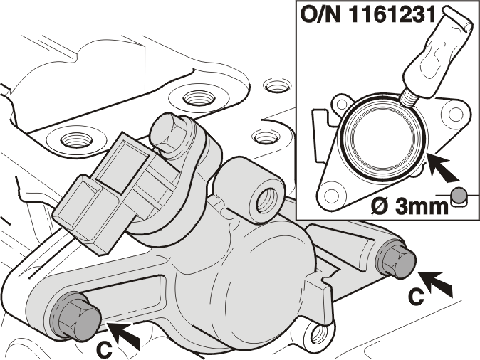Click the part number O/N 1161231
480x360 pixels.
click(x=368, y=14)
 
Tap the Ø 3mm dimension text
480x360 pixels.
click(x=409, y=206)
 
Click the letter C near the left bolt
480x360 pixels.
click(x=104, y=350)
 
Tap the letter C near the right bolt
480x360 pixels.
click(x=416, y=297)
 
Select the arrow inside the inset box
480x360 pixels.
click(x=442, y=167)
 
